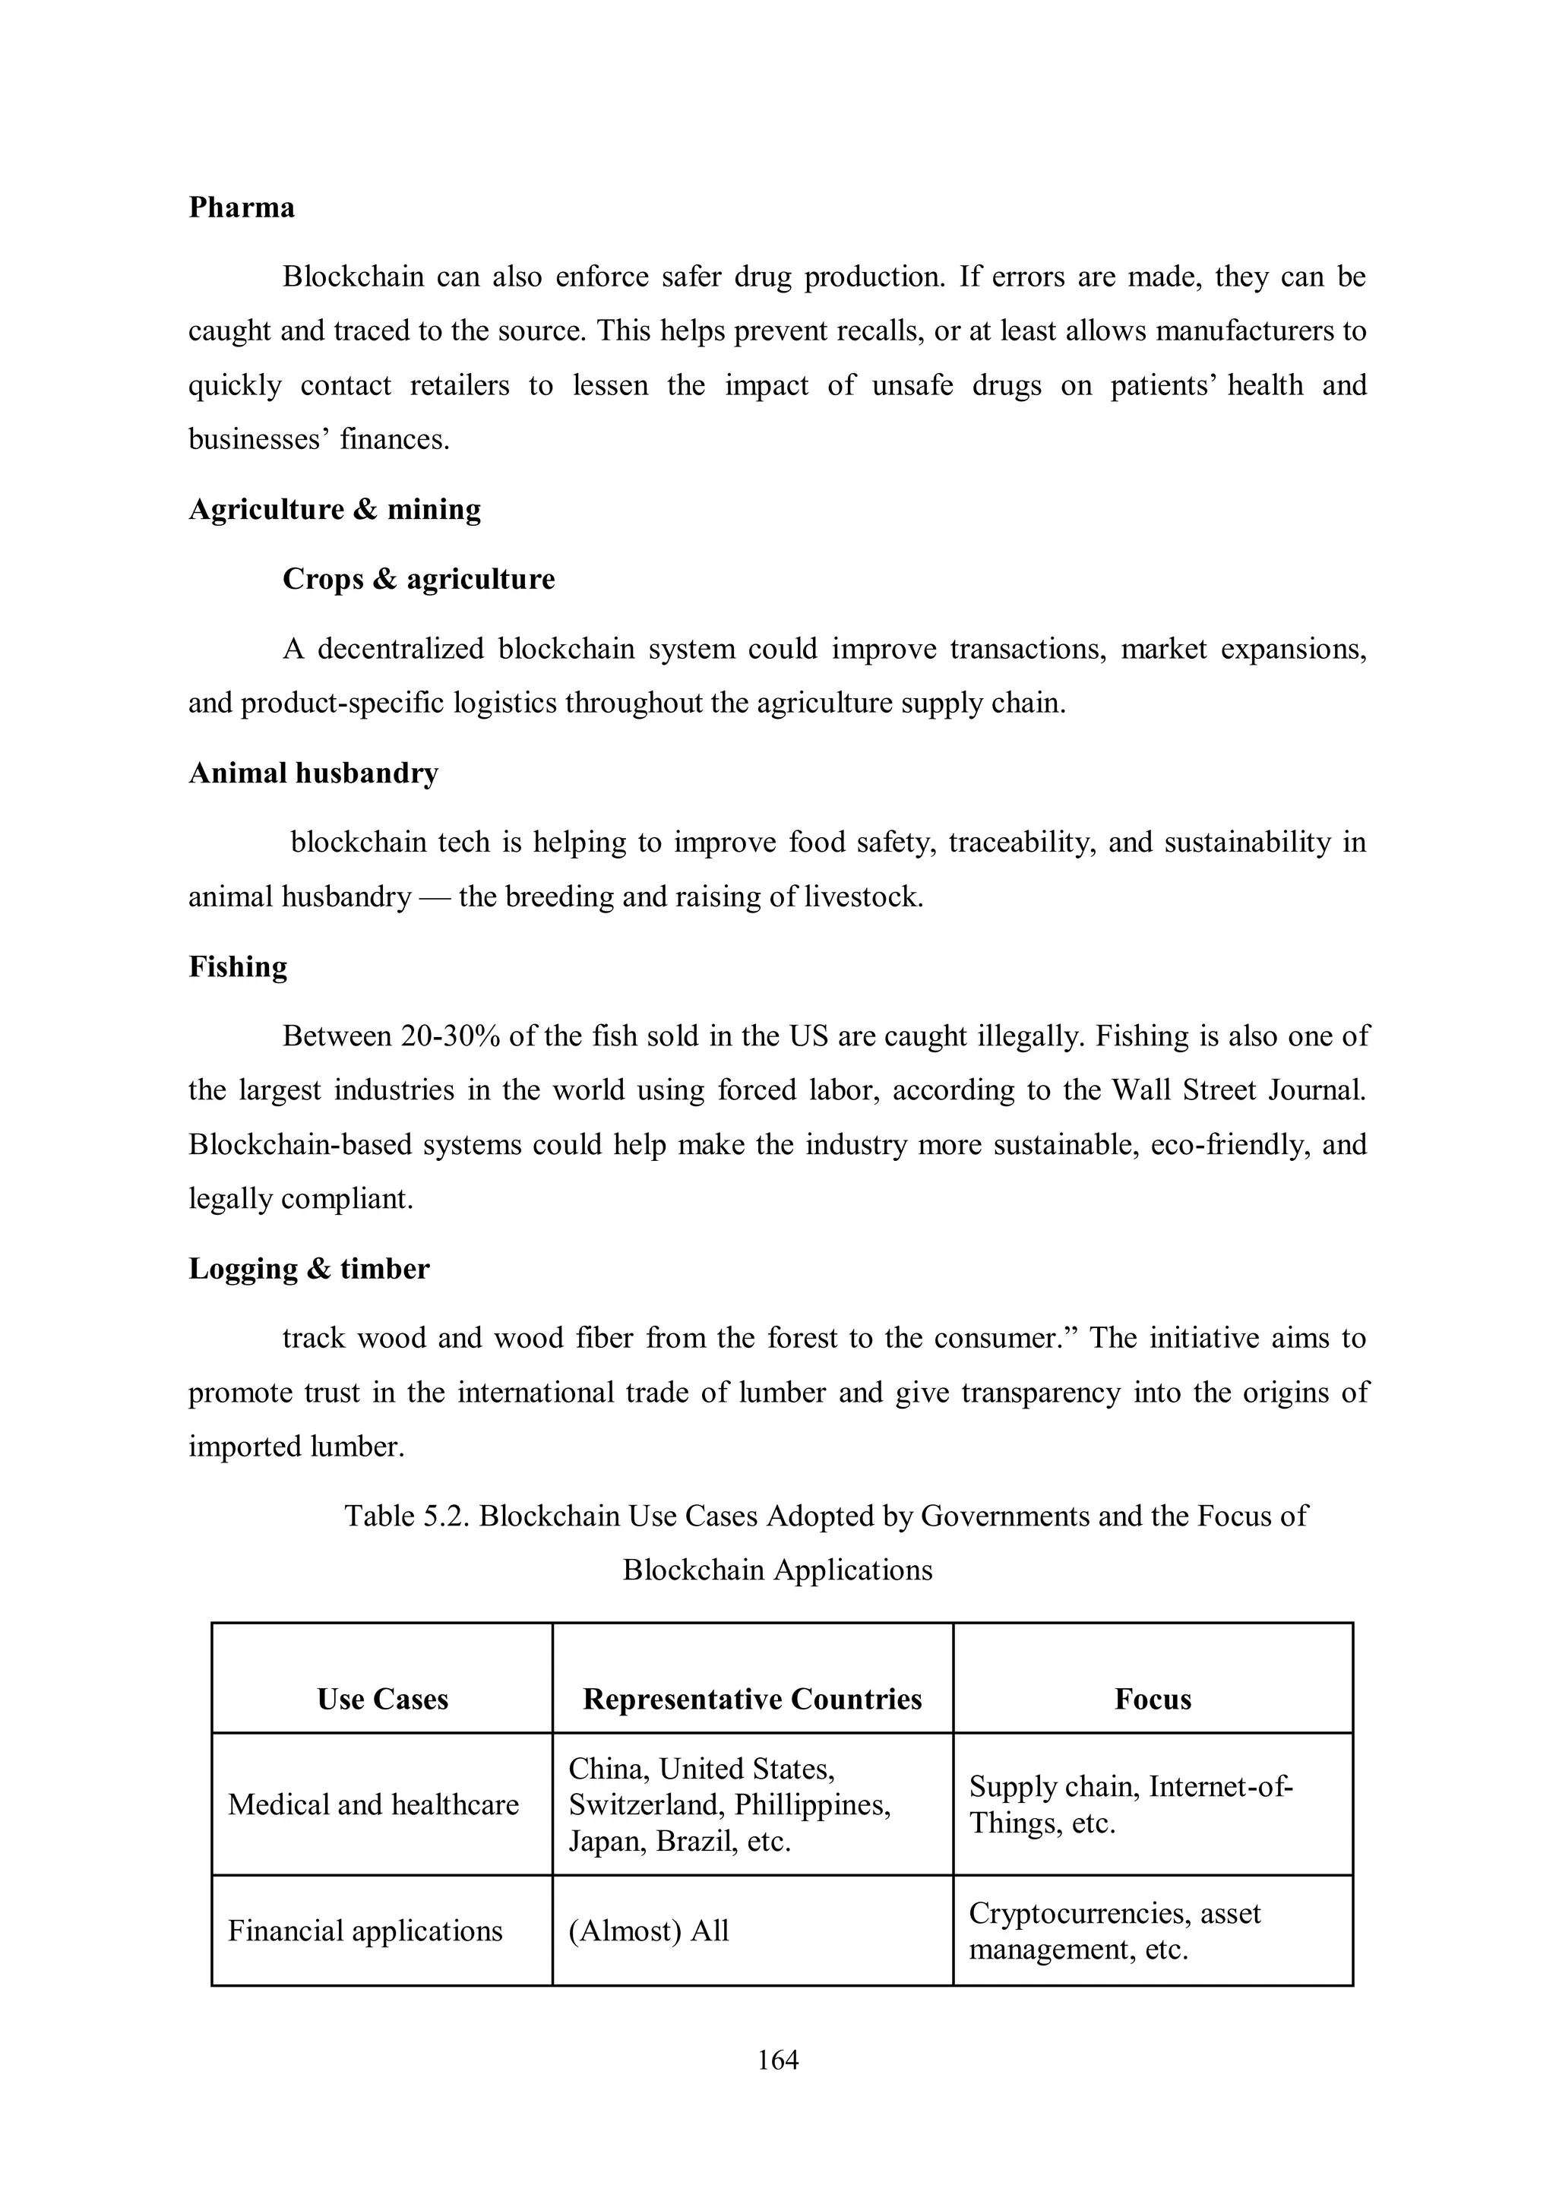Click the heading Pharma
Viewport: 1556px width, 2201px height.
tap(241, 207)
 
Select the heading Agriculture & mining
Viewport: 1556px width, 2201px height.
tap(334, 508)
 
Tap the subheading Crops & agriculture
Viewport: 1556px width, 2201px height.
tap(418, 579)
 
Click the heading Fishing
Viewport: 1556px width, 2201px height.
tap(238, 966)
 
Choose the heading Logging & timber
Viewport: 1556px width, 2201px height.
tap(308, 1268)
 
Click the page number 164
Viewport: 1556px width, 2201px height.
tap(777, 2059)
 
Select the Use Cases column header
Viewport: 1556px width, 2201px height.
tap(382, 1699)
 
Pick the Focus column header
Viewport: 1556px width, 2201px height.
tap(1153, 1699)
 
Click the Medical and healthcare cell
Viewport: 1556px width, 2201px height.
tap(373, 1804)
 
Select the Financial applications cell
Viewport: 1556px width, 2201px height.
tap(365, 1930)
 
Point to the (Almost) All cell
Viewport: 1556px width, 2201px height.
tap(648, 1930)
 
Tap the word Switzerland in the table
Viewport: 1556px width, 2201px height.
tap(645, 1804)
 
